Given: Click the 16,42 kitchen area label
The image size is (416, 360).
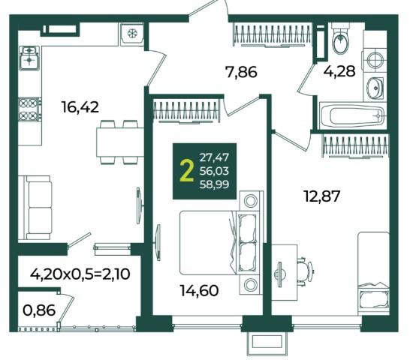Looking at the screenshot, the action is pos(80,107).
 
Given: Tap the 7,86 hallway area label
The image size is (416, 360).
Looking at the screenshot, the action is pos(241,72).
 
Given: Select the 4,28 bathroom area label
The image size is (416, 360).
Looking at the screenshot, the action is pos(339,71).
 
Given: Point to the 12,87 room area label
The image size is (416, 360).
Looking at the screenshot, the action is pos(322,196).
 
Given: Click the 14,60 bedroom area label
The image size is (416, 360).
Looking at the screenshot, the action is pos(200,290).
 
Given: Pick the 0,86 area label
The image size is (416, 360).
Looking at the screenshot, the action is pos(39,310).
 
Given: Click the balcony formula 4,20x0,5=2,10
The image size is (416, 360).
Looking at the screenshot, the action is pos(80,274).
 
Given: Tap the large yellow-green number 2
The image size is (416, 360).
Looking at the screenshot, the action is pos(187,171).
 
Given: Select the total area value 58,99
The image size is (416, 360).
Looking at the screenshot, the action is pos(214,184).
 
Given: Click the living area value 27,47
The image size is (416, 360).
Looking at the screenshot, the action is pos(214,157).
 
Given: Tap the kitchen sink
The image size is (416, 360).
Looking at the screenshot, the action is pos(29,58).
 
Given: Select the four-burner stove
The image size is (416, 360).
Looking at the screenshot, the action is pos(30,109).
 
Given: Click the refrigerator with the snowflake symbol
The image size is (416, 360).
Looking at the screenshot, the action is pos(132,34).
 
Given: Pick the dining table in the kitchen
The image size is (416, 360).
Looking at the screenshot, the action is pos(120,142).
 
